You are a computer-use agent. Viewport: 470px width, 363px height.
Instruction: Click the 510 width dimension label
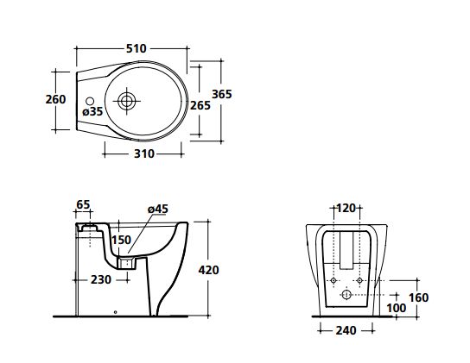[x=137, y=48]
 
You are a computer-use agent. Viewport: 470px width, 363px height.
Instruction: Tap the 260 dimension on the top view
[x=55, y=99]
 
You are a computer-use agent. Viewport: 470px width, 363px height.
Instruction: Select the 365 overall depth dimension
[x=222, y=94]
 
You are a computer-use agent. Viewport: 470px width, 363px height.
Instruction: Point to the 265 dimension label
[x=200, y=105]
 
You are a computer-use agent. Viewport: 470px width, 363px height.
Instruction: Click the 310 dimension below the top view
[x=144, y=153]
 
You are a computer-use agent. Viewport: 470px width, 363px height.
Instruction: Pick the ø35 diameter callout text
[x=92, y=111]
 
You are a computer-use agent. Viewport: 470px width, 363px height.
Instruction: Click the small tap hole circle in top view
[x=90, y=101]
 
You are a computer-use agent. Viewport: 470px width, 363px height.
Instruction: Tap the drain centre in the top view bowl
[x=127, y=101]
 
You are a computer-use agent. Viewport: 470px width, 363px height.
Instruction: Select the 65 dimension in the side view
[x=83, y=204]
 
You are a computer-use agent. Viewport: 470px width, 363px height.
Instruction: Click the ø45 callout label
[x=158, y=209]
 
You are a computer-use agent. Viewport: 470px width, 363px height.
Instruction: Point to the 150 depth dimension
[x=122, y=240]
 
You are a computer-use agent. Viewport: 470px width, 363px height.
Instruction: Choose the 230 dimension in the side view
[x=101, y=279]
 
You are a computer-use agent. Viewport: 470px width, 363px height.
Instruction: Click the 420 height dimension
[x=208, y=270]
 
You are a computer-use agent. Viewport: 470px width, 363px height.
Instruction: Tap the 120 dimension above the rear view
[x=346, y=208]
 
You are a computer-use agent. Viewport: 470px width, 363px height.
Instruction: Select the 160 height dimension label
[x=419, y=297]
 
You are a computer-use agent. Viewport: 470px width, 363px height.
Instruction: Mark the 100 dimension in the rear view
[x=397, y=308]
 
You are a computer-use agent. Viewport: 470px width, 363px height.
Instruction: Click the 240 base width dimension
[x=346, y=330]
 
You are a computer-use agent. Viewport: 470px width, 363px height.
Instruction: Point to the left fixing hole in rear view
[x=333, y=280]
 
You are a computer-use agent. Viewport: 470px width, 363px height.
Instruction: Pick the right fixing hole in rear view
[x=359, y=280]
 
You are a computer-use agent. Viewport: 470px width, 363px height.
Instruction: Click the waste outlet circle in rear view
[x=346, y=295]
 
